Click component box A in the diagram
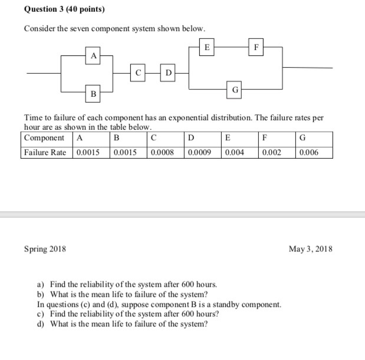point(93,55)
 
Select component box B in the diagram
point(93,93)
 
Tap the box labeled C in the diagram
point(138,73)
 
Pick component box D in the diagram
point(169,73)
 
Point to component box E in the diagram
point(206,47)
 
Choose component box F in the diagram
point(256,47)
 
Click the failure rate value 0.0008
point(163,152)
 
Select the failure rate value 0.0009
point(199,152)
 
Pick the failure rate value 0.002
point(271,152)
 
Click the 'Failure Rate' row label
point(45,152)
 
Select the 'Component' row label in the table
point(45,138)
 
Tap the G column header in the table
point(302,138)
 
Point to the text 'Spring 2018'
point(45,249)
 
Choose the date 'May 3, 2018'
point(311,249)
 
